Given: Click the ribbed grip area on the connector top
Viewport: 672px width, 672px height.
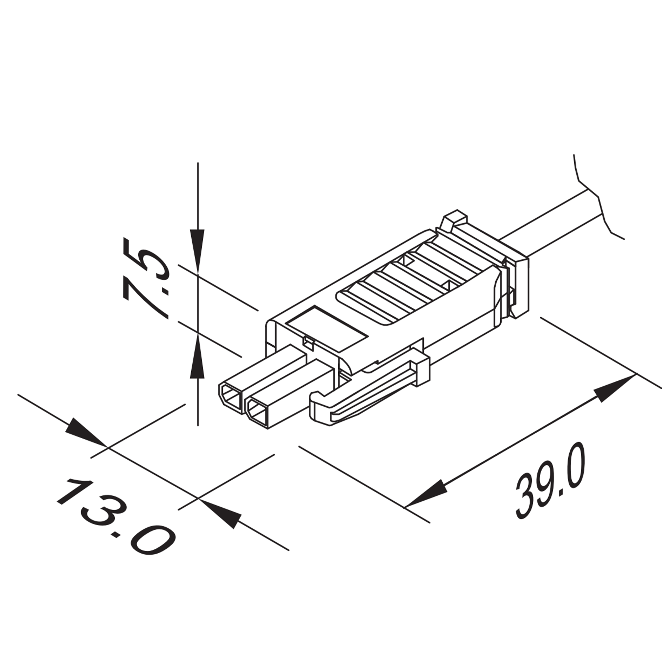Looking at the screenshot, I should (403, 282).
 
